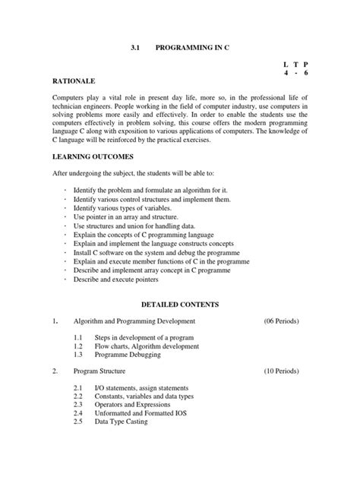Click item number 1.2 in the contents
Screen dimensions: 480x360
(x=79, y=346)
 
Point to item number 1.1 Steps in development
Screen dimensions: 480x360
(x=79, y=336)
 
